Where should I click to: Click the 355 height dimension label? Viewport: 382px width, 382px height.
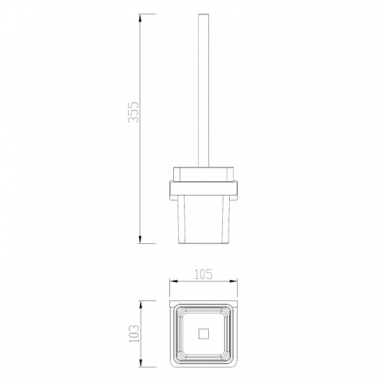133,112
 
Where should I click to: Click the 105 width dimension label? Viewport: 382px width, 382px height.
204,274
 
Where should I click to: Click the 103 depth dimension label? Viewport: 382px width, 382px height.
134,334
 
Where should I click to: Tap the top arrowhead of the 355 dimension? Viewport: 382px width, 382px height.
140,18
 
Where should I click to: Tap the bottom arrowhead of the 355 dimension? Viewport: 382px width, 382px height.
140,239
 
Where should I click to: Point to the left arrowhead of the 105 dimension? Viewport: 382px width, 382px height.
174,281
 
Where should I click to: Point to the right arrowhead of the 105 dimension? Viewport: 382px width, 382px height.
233,281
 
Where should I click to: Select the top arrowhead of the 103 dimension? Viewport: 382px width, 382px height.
140,305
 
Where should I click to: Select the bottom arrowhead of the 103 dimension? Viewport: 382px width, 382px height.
140,363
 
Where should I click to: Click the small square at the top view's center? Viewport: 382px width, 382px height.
204,334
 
